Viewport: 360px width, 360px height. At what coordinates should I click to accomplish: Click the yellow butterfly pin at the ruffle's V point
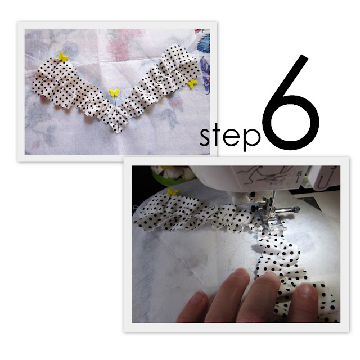[x=114, y=93]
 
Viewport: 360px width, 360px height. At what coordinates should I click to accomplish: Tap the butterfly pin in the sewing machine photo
[x=173, y=192]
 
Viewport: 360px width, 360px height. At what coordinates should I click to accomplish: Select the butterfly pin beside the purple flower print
[x=192, y=83]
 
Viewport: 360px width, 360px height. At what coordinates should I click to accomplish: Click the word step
[x=230, y=138]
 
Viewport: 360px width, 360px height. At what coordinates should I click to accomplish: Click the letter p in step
[x=251, y=139]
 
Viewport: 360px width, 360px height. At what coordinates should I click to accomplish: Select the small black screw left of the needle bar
[x=253, y=209]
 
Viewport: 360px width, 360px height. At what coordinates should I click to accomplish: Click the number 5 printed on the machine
[x=299, y=174]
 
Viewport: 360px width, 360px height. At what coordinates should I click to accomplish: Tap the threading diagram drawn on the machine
[x=263, y=175]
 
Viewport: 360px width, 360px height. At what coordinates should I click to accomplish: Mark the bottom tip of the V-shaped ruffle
[x=118, y=132]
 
